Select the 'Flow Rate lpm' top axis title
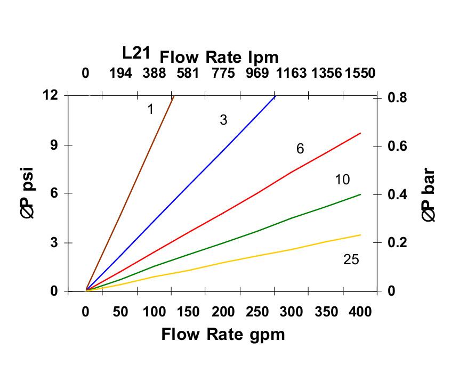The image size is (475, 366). coord(219,57)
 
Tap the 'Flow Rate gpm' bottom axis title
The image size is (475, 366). coord(223,335)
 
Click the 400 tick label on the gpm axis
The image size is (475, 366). coord(360,312)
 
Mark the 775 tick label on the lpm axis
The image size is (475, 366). coord(223,73)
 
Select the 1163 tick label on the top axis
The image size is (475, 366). coord(291,73)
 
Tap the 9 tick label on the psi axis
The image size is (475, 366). coord(54,145)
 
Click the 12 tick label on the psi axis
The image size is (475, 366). coord(50,95)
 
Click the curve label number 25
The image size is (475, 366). coord(351,259)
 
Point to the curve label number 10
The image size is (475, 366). coord(342,180)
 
